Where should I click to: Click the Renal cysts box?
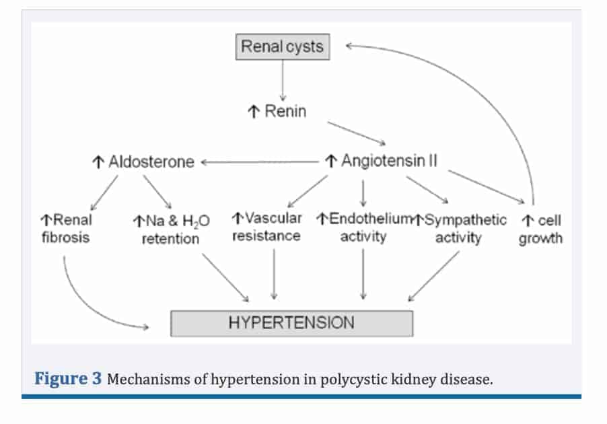[282, 47]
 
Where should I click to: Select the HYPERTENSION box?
[291, 322]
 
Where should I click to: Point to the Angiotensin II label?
[382, 162]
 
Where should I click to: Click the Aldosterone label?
[143, 162]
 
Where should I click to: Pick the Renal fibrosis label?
[65, 228]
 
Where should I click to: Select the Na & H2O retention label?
[171, 229]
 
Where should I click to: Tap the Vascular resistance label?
[266, 227]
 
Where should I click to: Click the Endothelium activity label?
[363, 227]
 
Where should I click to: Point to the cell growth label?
[541, 229]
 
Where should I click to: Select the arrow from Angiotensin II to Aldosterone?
[259, 162]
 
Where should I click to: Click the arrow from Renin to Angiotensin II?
[356, 133]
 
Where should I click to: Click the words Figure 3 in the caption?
[68, 378]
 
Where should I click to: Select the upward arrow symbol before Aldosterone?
[98, 162]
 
